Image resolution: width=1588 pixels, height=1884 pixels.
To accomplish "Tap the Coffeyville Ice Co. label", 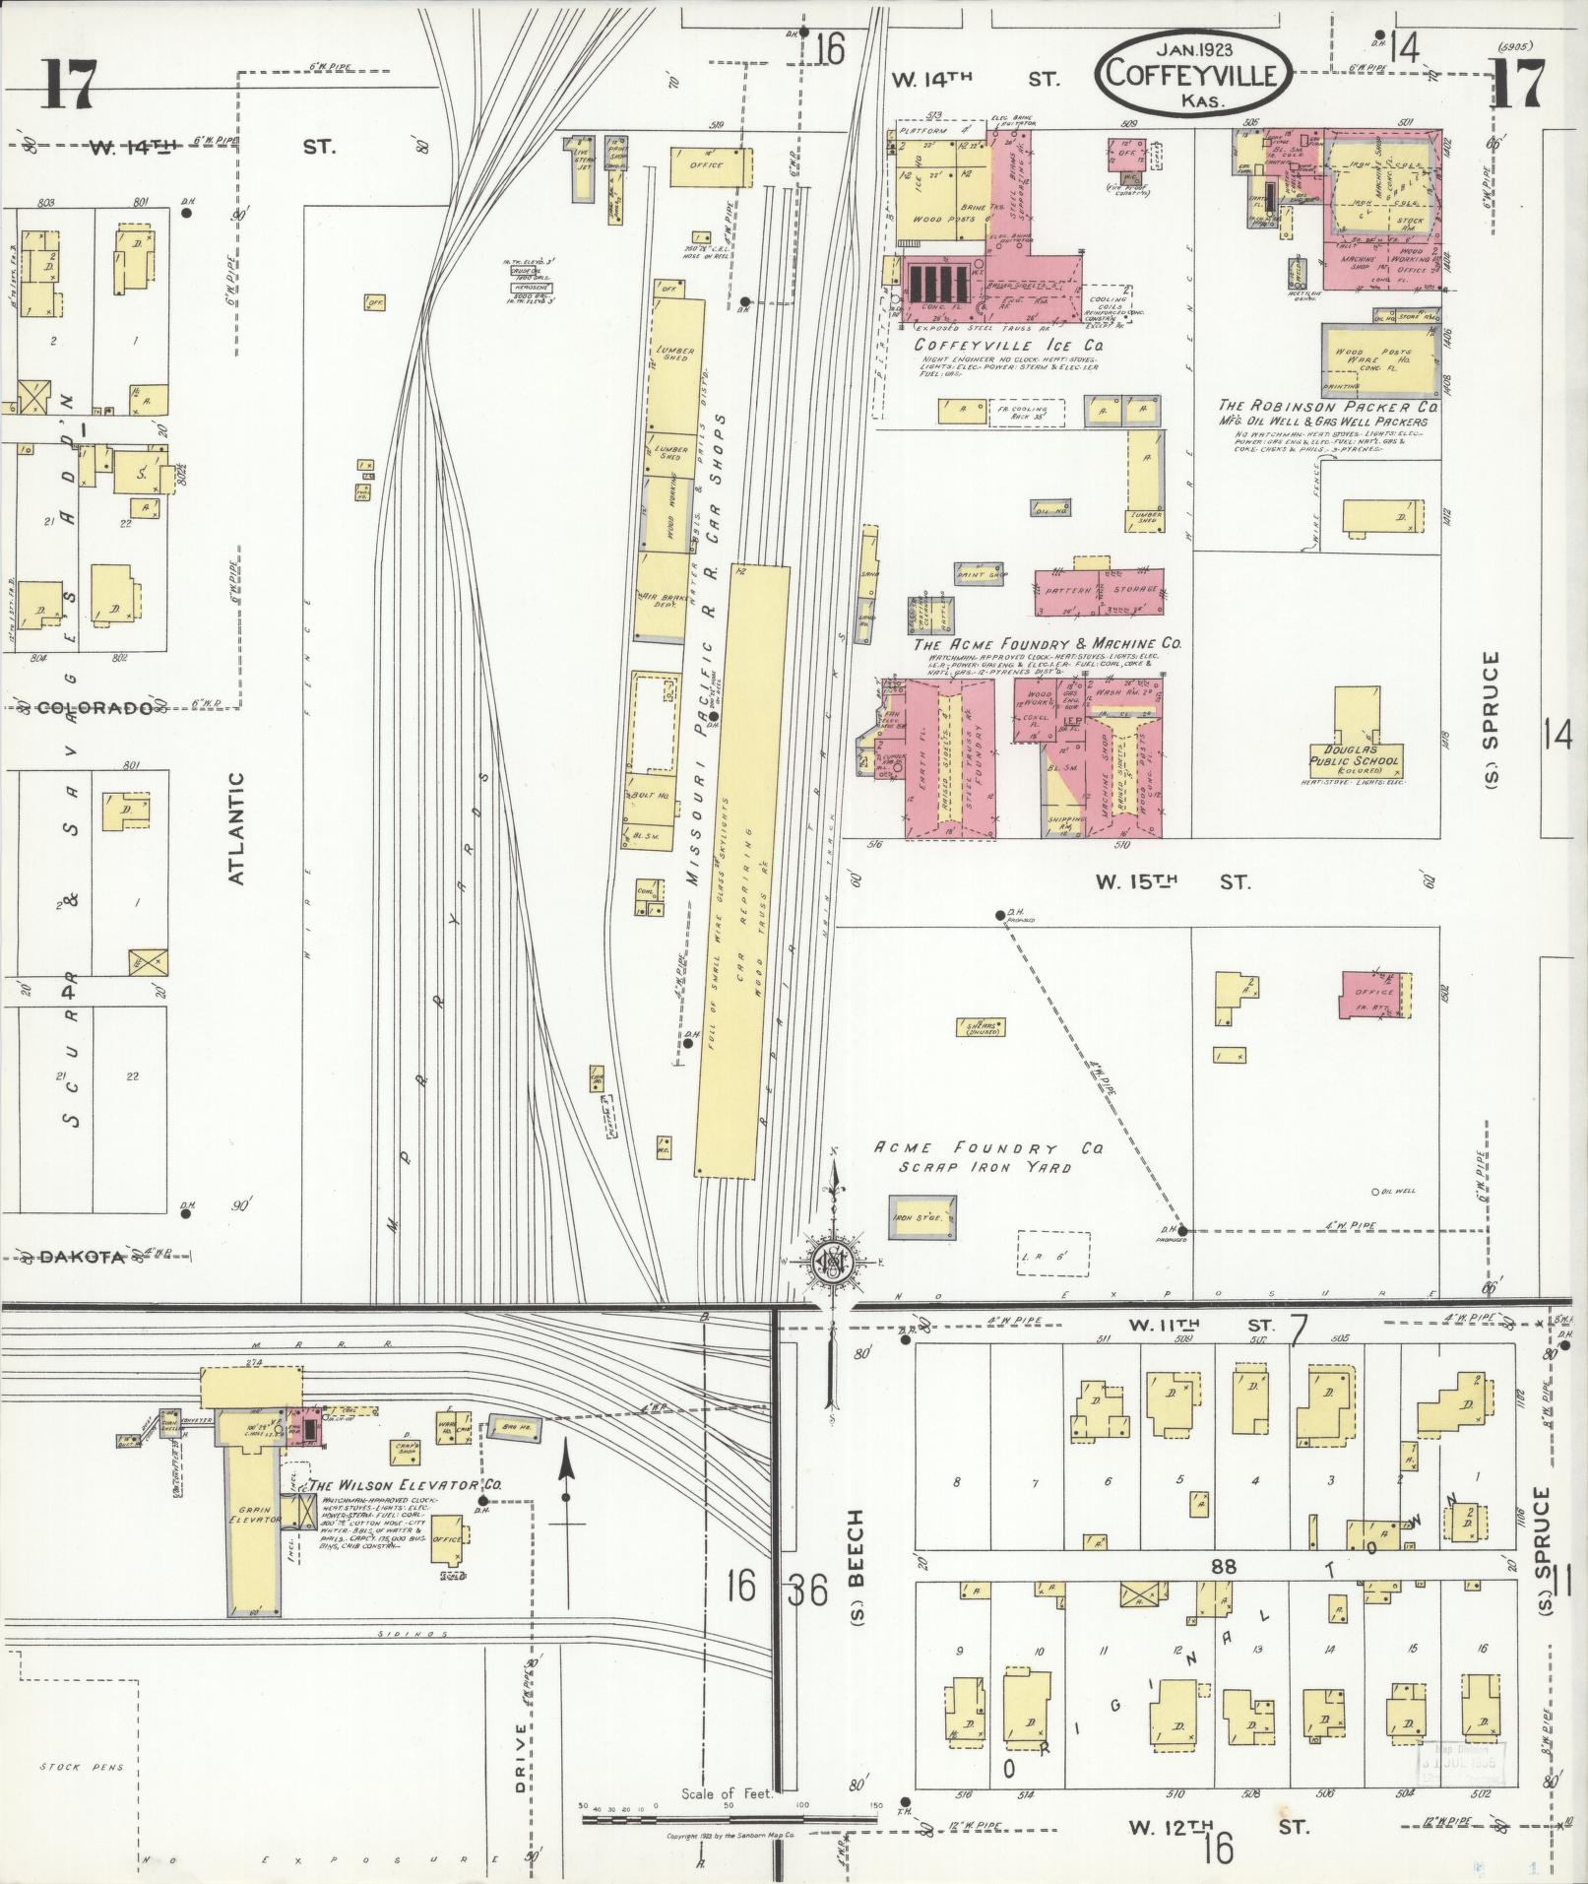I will pyautogui.click(x=1008, y=346).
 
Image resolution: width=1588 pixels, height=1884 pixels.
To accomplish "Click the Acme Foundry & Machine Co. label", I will pyautogui.click(x=1048, y=644).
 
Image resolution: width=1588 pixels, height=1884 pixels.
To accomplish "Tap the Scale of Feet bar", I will pyautogui.click(x=729, y=1819).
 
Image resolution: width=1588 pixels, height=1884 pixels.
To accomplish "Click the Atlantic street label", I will pyautogui.click(x=236, y=827).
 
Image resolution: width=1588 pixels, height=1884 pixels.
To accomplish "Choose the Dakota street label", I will pyautogui.click(x=83, y=1257).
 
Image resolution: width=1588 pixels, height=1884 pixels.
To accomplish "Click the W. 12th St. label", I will pyautogui.click(x=1218, y=1827).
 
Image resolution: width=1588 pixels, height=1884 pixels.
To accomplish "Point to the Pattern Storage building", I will pyautogui.click(x=1099, y=591).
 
